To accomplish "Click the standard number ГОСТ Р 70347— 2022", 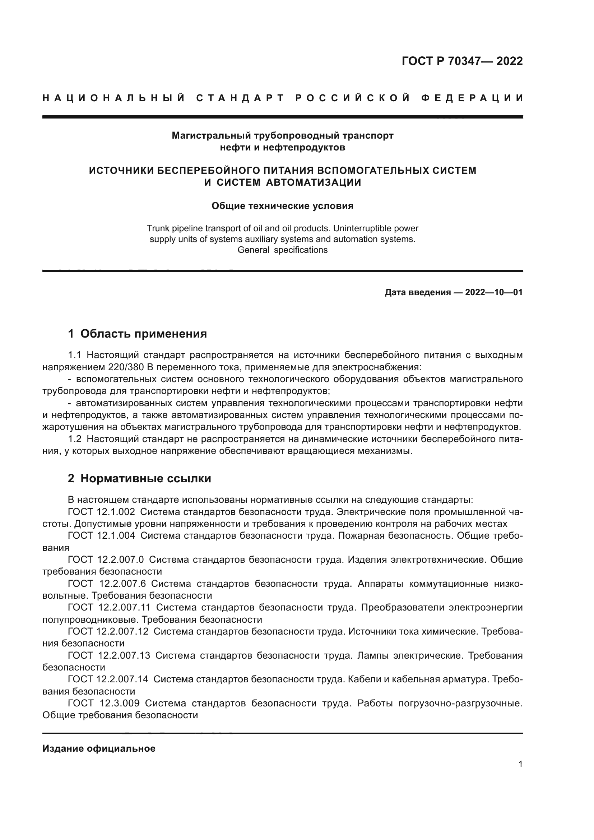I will coord(462,61).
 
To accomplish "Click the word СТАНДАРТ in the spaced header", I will coord(240,98).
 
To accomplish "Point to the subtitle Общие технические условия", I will coord(282,206).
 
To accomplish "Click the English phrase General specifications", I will coord(282,250).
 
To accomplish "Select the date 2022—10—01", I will coord(494,292).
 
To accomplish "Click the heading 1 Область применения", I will coord(138,334).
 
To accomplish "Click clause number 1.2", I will coord(75,438).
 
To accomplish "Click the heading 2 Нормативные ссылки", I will coord(139,478).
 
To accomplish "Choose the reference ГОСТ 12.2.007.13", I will coord(109,655).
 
